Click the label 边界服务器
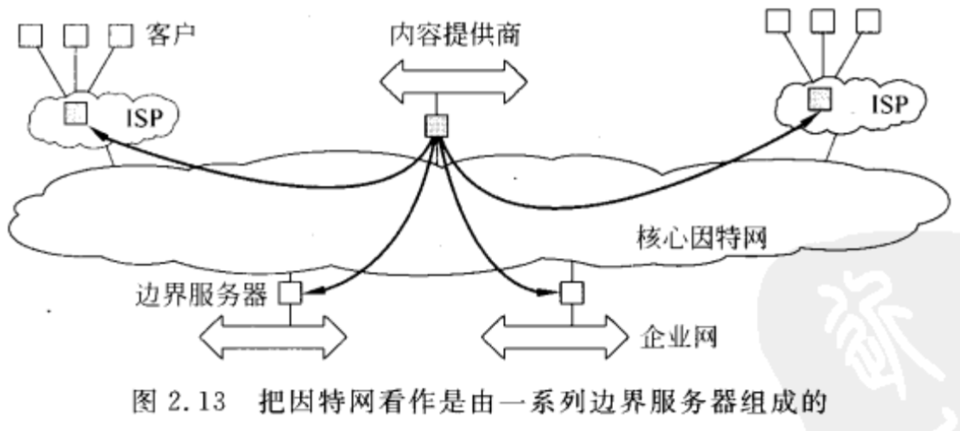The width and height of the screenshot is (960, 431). (201, 296)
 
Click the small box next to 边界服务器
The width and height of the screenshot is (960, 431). (291, 295)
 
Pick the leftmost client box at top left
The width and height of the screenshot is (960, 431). (28, 36)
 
